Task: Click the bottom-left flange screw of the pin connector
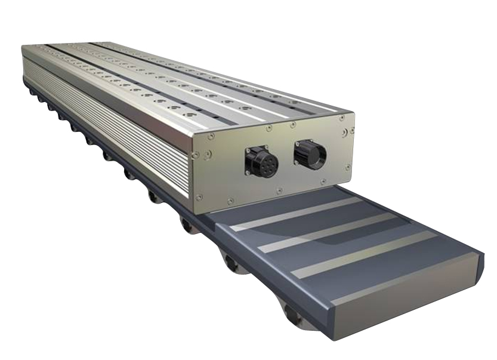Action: click(x=247, y=173)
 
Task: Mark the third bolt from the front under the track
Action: click(x=186, y=226)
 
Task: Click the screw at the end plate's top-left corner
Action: click(x=209, y=137)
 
